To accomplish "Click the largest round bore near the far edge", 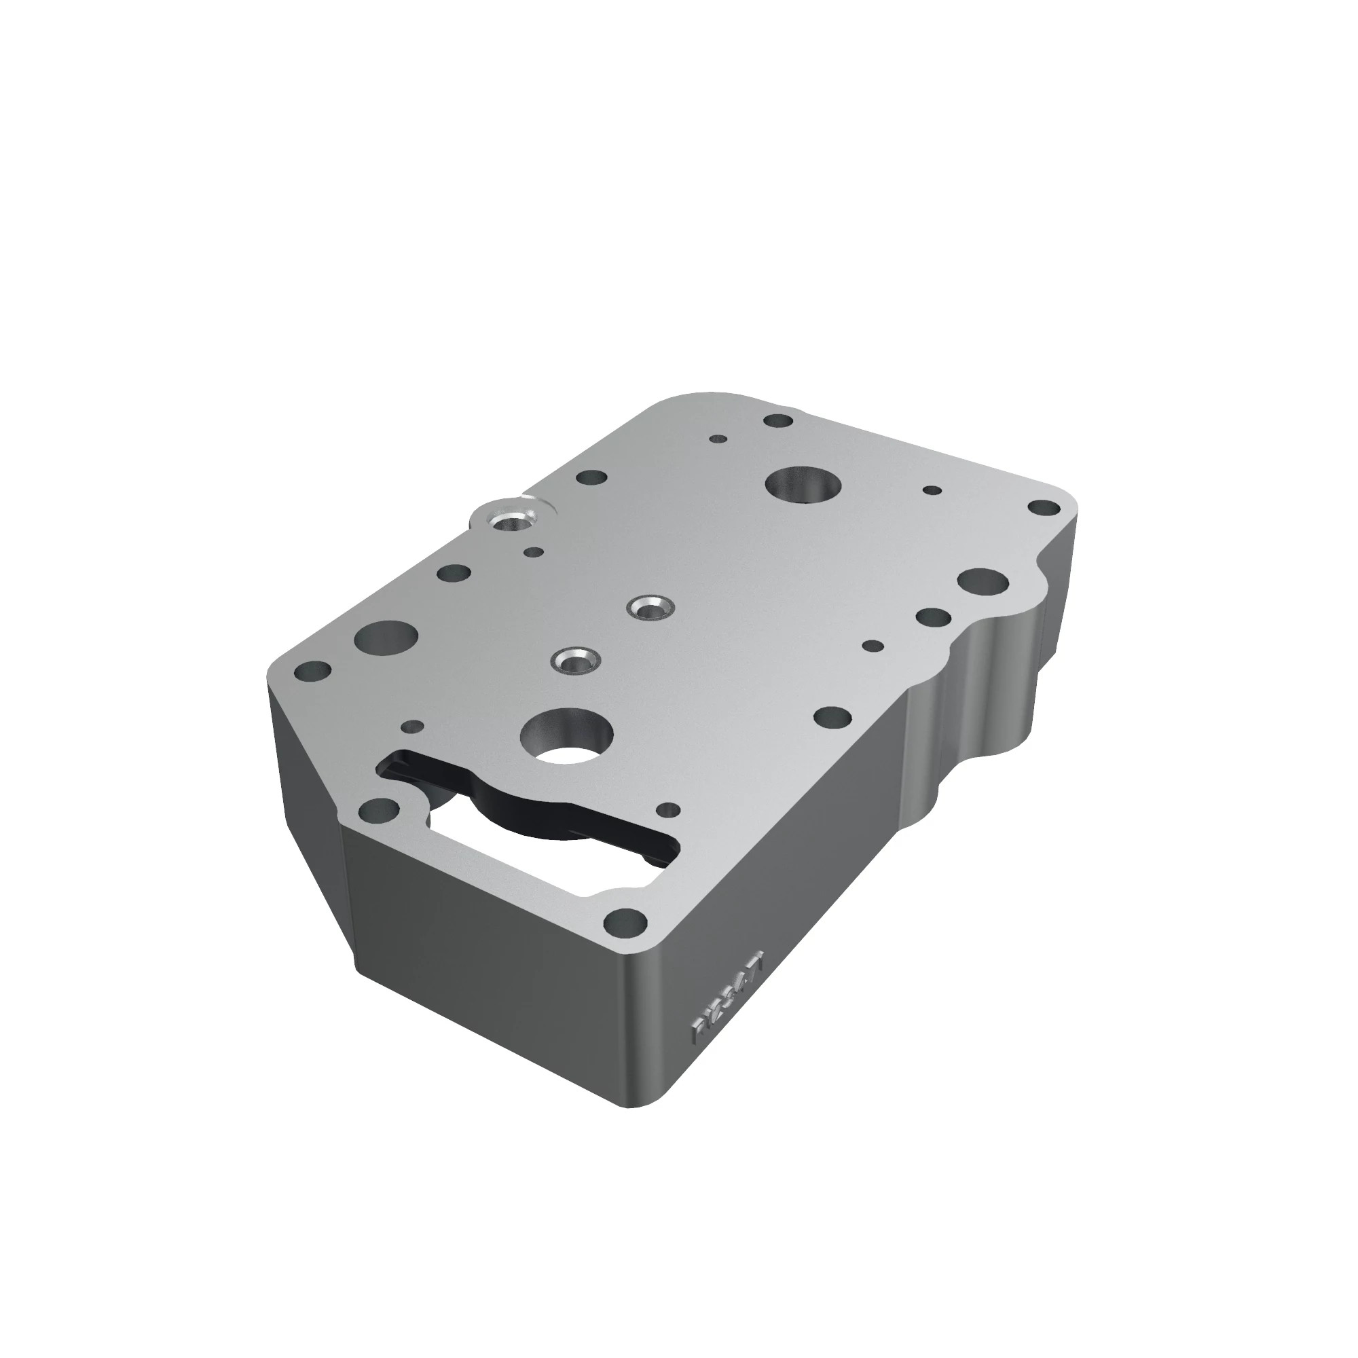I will click(x=803, y=484).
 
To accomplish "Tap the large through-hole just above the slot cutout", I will click(x=566, y=737).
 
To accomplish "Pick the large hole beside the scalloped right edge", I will click(x=983, y=581).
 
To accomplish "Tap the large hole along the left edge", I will click(x=386, y=637).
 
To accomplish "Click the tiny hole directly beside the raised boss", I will click(x=534, y=553).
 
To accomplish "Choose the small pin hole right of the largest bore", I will click(x=932, y=490).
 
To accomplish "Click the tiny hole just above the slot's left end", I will click(x=413, y=726).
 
